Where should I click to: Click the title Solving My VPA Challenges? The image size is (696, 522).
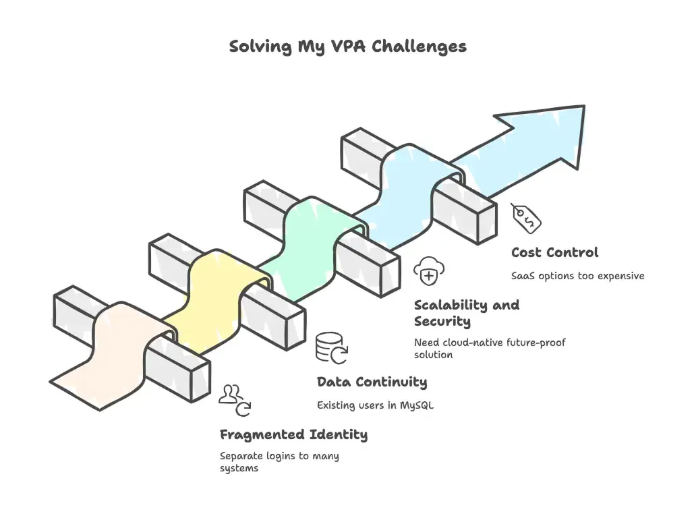[347, 47]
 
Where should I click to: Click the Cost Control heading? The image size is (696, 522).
[554, 253]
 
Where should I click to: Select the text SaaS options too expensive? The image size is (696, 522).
[577, 276]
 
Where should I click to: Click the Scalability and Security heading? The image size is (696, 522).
[467, 313]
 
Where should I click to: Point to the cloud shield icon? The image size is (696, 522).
[428, 271]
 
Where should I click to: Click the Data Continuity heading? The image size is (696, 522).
[372, 382]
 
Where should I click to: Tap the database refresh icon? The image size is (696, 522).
[331, 347]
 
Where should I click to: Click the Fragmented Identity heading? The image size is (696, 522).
[293, 435]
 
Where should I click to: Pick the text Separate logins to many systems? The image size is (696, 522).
[279, 462]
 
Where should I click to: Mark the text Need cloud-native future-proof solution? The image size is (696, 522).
[490, 349]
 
